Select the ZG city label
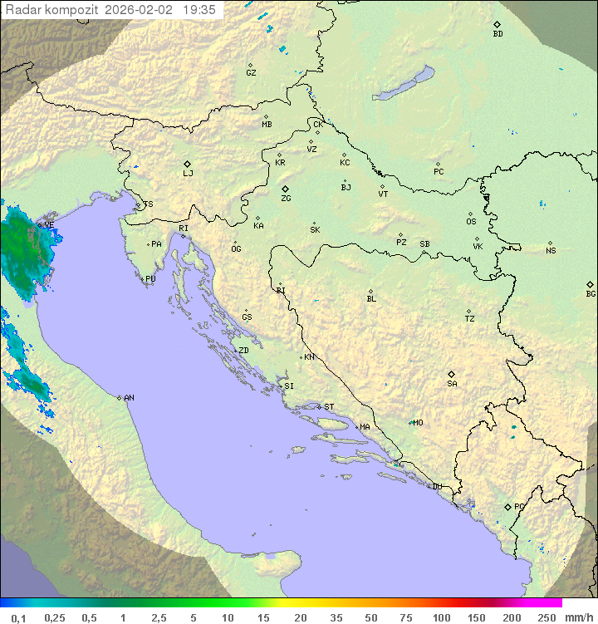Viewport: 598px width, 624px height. [x=286, y=199]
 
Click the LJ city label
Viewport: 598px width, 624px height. [x=188, y=174]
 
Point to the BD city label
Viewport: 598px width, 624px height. [x=498, y=34]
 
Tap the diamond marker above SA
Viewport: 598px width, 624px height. [x=452, y=374]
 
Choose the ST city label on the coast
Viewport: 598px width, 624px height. [x=329, y=407]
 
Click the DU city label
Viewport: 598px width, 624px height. [x=436, y=487]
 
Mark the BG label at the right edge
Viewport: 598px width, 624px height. [x=591, y=294]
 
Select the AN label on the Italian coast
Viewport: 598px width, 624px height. [x=129, y=398]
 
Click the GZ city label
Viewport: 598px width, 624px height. [x=251, y=73]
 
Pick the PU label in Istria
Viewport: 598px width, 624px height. [x=150, y=279]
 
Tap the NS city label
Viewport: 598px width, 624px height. [x=551, y=251]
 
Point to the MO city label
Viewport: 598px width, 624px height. [x=418, y=423]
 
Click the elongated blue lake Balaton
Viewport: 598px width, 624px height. [x=404, y=84]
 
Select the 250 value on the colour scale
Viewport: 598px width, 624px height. [x=547, y=617]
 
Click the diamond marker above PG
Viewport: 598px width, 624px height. [x=507, y=506]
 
